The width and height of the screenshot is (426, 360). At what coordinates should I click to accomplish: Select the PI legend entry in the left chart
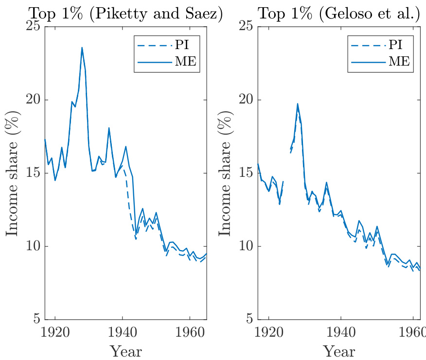pyautogui.click(x=166, y=45)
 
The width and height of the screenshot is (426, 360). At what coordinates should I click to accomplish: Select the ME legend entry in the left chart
pyautogui.click(x=166, y=62)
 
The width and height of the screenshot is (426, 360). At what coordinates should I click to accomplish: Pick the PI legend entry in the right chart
pyautogui.click(x=380, y=45)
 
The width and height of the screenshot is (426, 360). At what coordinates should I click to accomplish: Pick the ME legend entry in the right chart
pyautogui.click(x=380, y=62)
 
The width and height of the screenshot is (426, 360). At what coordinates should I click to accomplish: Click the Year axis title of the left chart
pyautogui.click(x=125, y=351)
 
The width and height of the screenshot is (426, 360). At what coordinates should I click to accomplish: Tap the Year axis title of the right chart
pyautogui.click(x=338, y=351)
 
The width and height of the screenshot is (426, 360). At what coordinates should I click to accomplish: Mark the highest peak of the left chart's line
pyautogui.click(x=82, y=47)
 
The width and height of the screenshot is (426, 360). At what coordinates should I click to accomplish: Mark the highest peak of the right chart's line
pyautogui.click(x=298, y=103)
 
